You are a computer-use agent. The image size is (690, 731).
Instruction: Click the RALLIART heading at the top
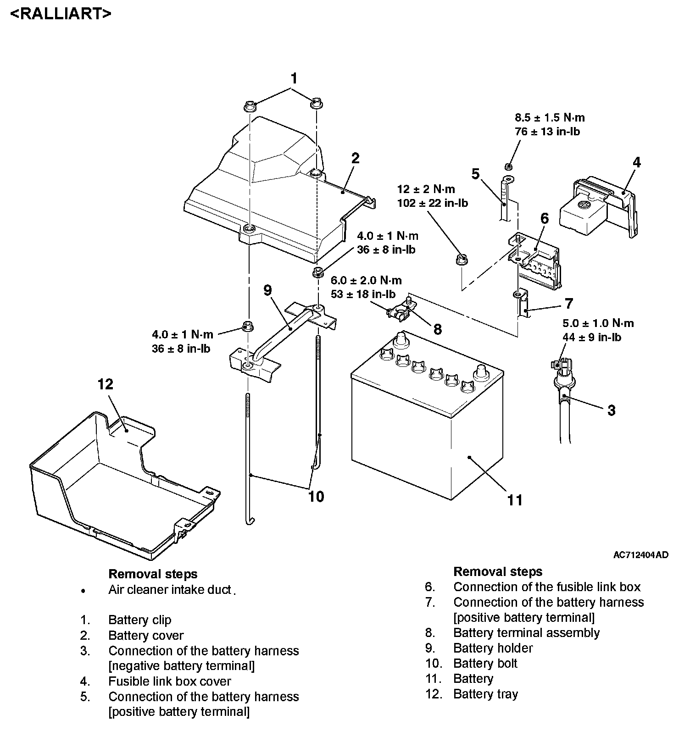(x=60, y=13)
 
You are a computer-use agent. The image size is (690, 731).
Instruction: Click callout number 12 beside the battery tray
(x=105, y=384)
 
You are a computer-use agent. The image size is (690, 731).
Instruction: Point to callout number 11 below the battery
(x=515, y=499)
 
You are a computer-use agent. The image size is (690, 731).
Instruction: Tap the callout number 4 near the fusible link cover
(x=636, y=162)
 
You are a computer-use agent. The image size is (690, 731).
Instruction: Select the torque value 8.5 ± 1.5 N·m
(x=550, y=118)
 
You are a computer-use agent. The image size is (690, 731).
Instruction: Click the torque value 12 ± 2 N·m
(x=426, y=189)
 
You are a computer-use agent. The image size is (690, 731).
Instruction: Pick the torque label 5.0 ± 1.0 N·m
(x=598, y=323)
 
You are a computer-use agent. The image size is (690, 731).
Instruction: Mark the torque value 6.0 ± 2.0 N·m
(x=366, y=280)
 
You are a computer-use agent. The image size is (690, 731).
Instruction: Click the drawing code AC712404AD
(x=640, y=555)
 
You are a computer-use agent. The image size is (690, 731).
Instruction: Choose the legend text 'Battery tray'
(x=485, y=694)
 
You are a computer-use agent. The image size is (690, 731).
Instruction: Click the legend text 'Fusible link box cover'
(x=169, y=681)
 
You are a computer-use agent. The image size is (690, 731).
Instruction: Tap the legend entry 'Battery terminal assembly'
(x=526, y=633)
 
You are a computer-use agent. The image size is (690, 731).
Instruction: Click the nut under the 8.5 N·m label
(x=508, y=166)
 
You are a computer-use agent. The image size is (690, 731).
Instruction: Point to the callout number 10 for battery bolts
(x=316, y=496)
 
